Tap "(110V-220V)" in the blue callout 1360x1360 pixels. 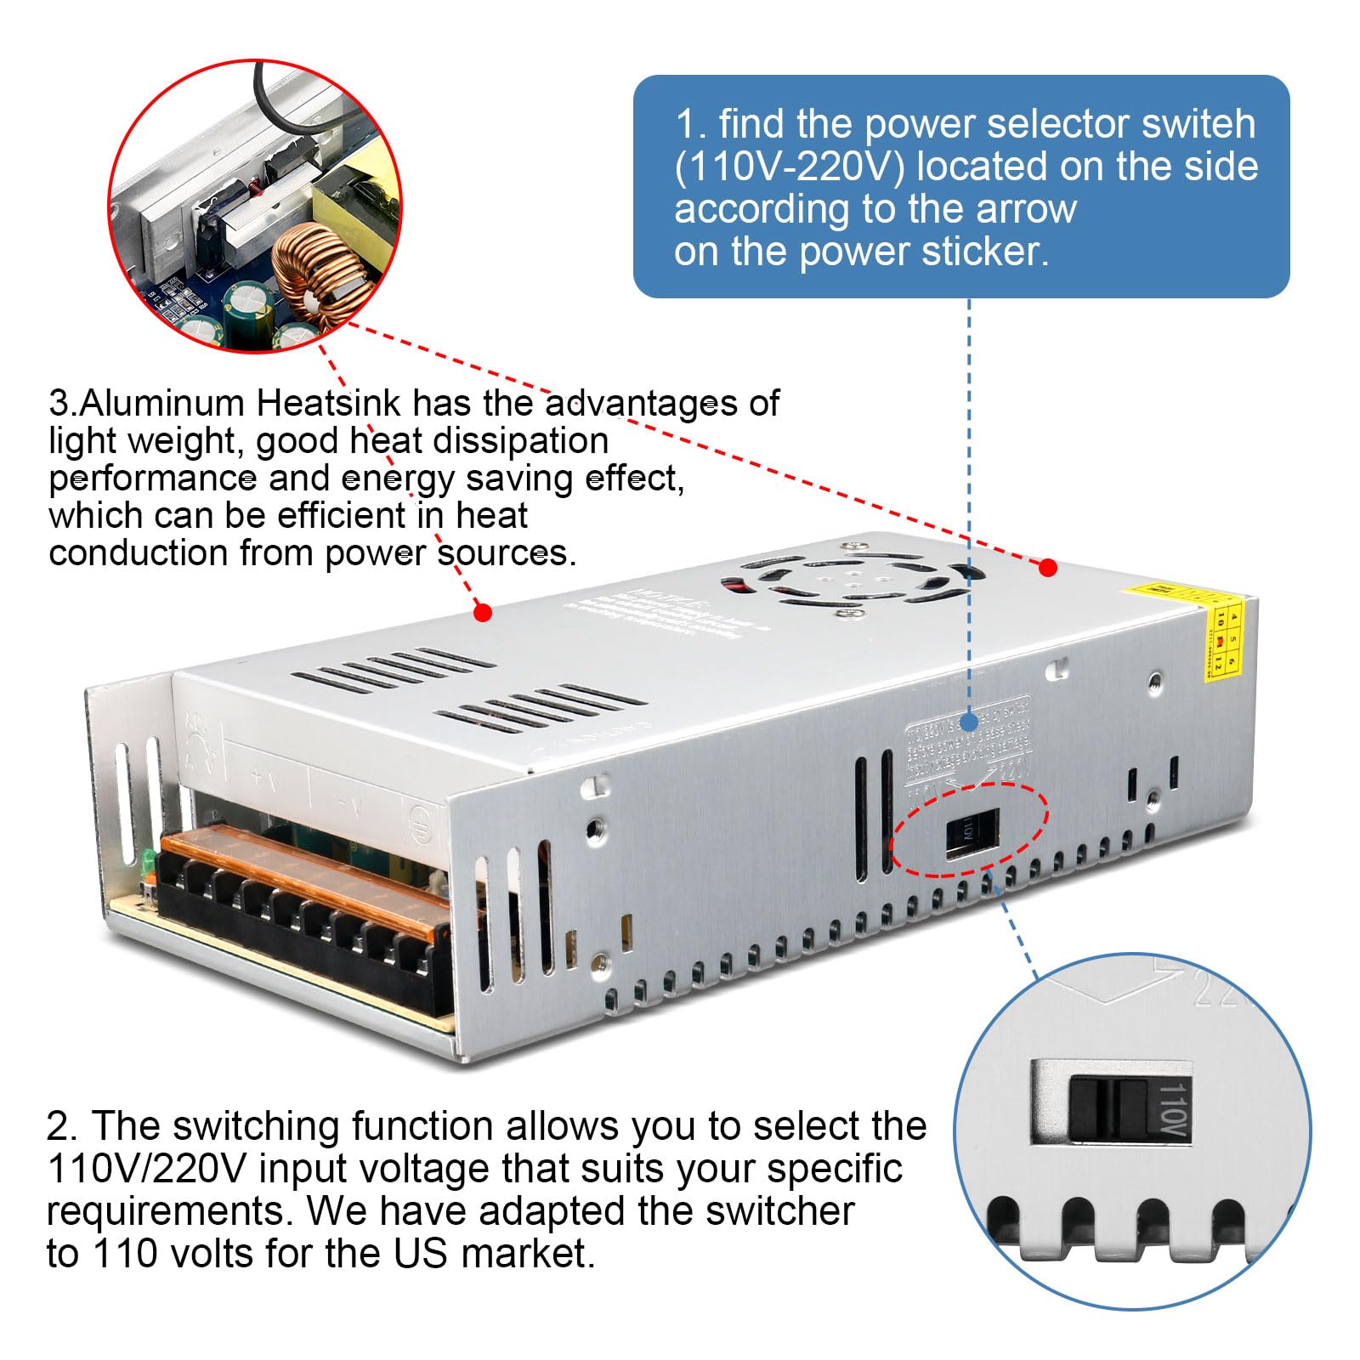click(x=789, y=167)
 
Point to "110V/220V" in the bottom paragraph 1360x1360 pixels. click(x=146, y=1169)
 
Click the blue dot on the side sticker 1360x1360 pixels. click(x=969, y=722)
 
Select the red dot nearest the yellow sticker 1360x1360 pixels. click(x=1048, y=567)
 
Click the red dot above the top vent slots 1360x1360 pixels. click(x=483, y=612)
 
